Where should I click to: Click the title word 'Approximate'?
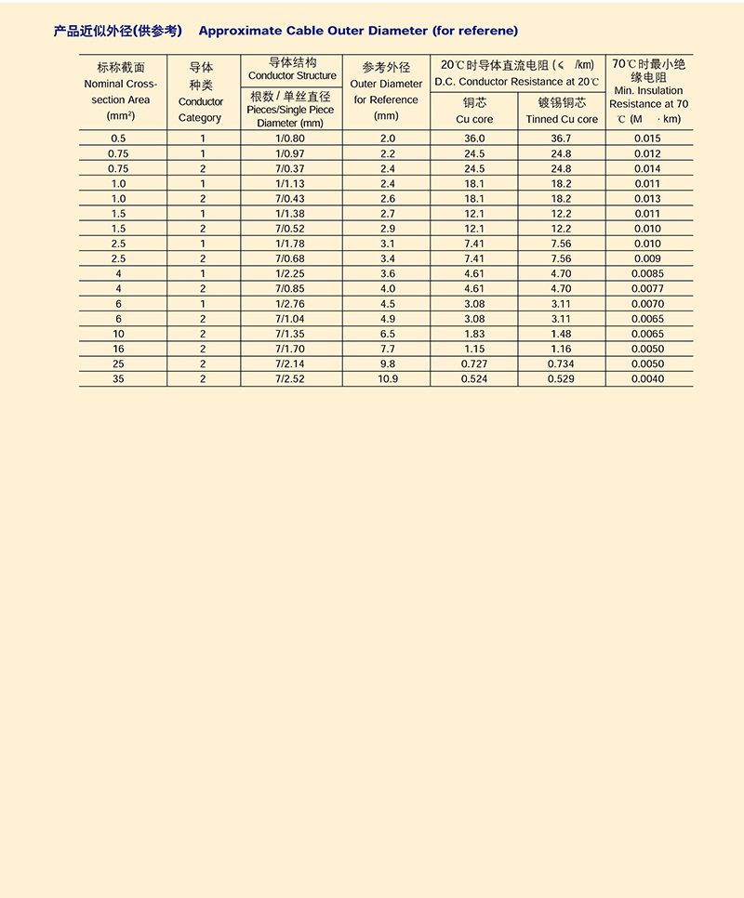click(x=236, y=31)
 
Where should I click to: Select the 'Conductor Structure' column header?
click(x=292, y=75)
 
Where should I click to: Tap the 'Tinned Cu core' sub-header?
click(x=562, y=119)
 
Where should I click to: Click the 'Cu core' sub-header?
click(x=474, y=119)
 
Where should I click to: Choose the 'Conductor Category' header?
click(x=201, y=110)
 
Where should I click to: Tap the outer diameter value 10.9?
click(x=386, y=379)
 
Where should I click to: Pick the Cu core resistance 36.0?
click(x=474, y=139)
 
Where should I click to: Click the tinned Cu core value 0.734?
click(x=562, y=364)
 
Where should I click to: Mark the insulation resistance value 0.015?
click(x=648, y=139)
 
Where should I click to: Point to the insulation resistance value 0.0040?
click(x=648, y=379)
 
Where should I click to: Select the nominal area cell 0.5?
click(x=118, y=139)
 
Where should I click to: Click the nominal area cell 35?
click(x=118, y=379)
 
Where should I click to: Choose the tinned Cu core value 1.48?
click(x=562, y=334)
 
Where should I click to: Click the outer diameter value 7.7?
click(x=386, y=349)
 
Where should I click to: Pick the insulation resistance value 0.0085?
click(x=648, y=274)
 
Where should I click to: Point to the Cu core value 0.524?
click(x=474, y=379)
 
